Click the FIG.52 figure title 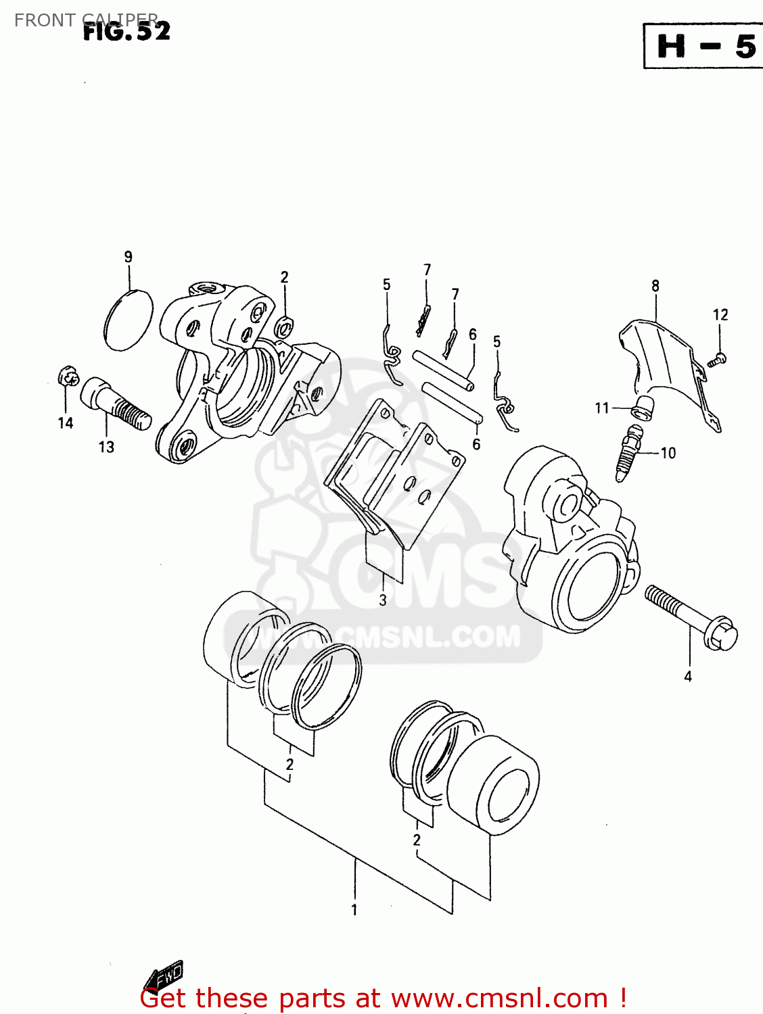[126, 31]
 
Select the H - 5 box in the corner [706, 46]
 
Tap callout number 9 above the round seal [129, 257]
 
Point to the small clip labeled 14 [68, 376]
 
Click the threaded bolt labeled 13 [115, 404]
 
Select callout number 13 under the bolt [106, 447]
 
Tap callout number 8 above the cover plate [655, 286]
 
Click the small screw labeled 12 [717, 359]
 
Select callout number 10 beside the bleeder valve [668, 453]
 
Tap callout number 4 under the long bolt [688, 676]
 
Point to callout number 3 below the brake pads [383, 600]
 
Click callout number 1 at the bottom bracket [354, 910]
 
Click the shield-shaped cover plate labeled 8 [666, 365]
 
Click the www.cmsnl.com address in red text [499, 998]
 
